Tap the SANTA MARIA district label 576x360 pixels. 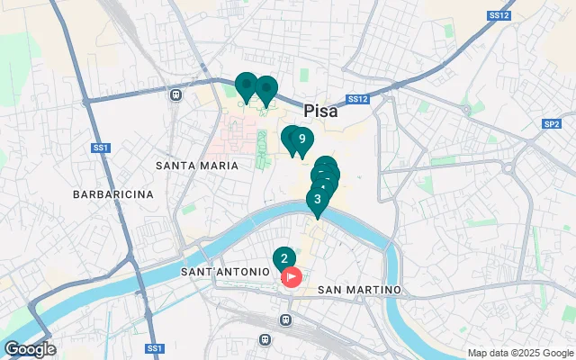[197, 166]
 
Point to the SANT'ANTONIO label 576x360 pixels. [225, 271]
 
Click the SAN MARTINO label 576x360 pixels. [360, 290]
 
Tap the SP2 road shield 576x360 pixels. [552, 124]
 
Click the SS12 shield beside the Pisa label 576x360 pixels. [357, 99]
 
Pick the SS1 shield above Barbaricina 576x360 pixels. [101, 147]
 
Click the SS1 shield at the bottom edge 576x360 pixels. [154, 348]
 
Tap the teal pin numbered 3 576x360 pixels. [317, 200]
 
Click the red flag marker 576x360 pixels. [292, 277]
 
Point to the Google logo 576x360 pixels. [29, 349]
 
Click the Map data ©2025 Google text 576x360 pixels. [519, 353]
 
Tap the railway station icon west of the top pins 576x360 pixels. [176, 94]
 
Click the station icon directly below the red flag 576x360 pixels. [286, 319]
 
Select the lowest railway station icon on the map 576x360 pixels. [265, 339]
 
